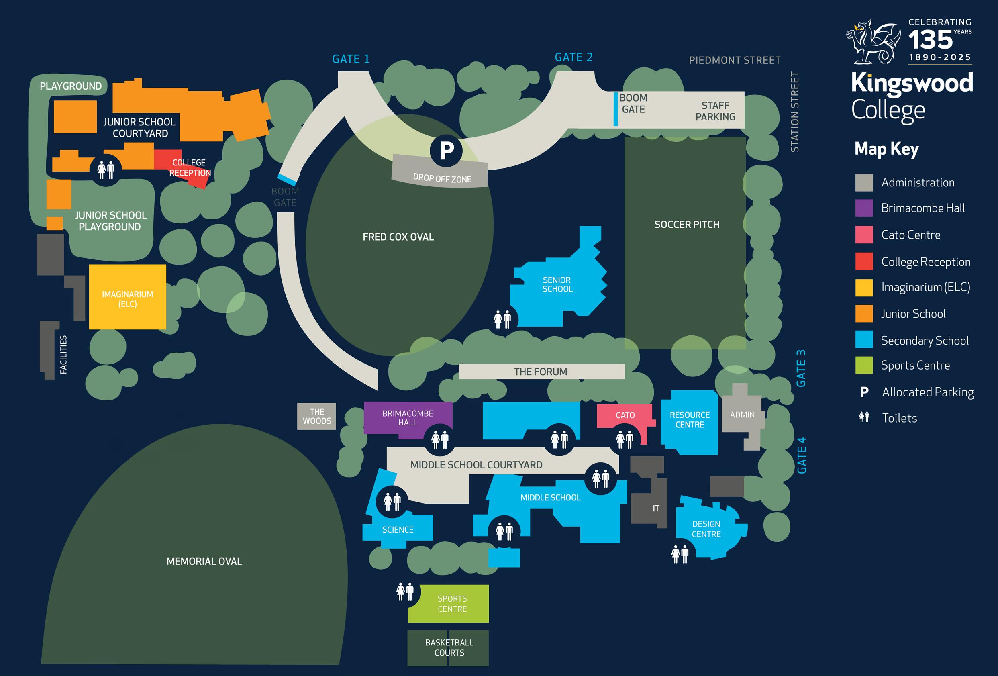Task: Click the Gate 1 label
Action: click(351, 59)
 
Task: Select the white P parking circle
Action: click(446, 150)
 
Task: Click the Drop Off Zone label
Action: click(442, 178)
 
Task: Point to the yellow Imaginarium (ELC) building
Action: click(128, 297)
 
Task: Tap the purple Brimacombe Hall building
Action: click(408, 417)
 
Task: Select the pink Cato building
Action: click(625, 415)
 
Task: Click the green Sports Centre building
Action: click(452, 603)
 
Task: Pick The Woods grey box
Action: click(316, 416)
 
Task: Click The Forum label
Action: click(541, 372)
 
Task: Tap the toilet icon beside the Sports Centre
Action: click(405, 592)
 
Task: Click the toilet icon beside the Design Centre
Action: click(680, 553)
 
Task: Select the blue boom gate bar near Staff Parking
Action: click(615, 109)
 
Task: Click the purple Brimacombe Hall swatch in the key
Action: click(864, 208)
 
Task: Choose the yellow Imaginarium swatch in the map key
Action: click(864, 287)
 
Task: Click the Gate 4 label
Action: click(801, 455)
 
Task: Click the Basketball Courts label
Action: click(449, 647)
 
